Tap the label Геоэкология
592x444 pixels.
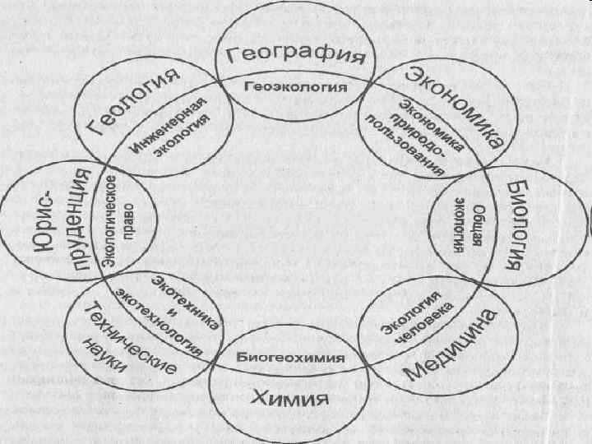[295, 86]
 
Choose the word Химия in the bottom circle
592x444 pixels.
[289, 400]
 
